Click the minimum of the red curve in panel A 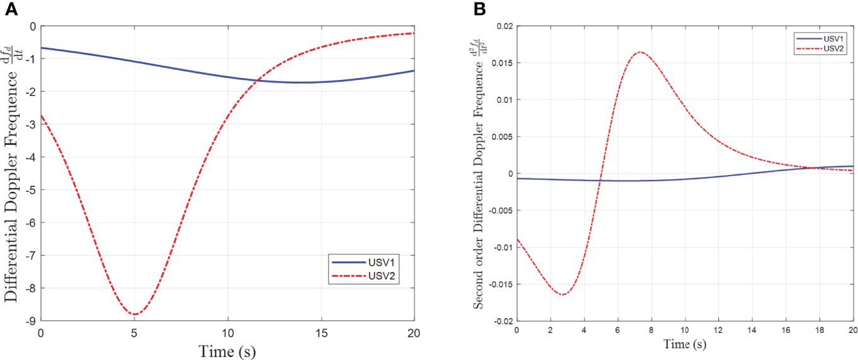pos(134,314)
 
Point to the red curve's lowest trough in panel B pos(563,295)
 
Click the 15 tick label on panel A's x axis pos(320,332)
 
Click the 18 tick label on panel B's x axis pos(819,330)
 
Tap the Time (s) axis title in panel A pos(227,349)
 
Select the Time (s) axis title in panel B pos(684,344)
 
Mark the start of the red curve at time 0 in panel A pos(41,115)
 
